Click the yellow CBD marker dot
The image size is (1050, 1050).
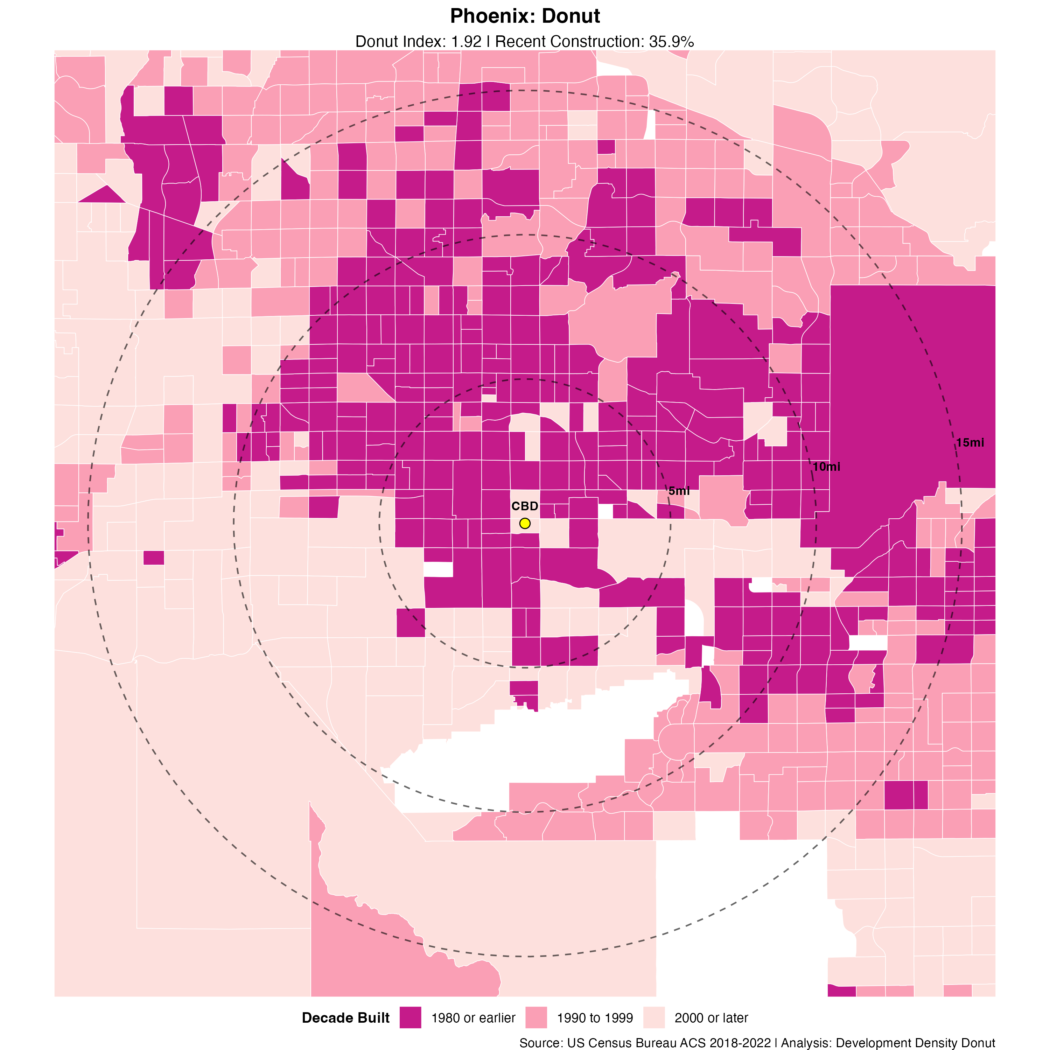(524, 523)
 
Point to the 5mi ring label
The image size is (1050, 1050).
(679, 491)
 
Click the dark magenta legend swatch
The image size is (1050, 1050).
(410, 1017)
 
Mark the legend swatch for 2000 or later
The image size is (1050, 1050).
(654, 1017)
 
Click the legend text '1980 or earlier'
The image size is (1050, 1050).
(473, 1018)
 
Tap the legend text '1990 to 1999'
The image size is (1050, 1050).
(595, 1018)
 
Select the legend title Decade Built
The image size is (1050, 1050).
(346, 1018)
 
